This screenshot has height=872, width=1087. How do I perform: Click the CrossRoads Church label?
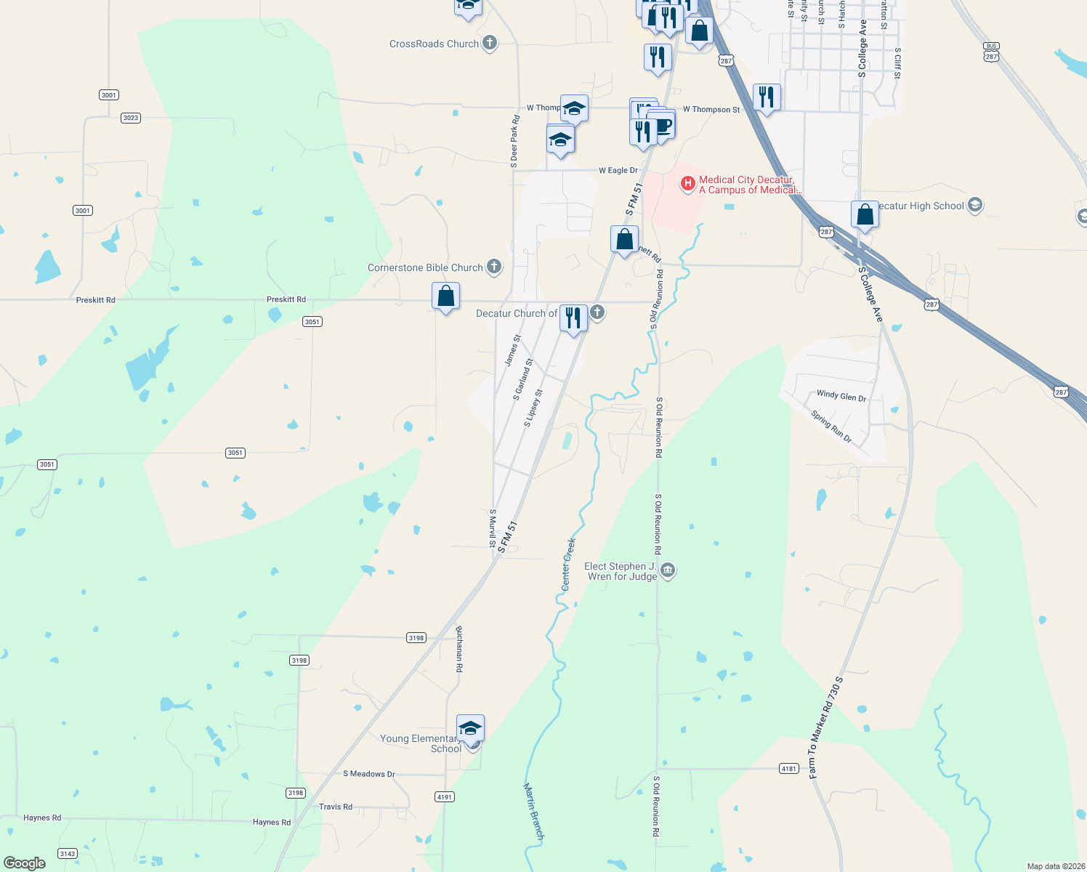434,44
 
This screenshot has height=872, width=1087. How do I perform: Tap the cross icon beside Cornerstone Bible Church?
494,267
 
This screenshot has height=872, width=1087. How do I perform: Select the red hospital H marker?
687,183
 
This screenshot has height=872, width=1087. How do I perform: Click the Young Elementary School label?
419,743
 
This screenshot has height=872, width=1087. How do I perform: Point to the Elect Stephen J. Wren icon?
668,570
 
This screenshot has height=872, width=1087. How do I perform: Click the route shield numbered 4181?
788,768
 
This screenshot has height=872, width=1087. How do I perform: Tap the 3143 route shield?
68,854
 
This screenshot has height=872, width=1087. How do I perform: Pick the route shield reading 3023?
130,118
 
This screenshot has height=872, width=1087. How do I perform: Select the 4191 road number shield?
445,797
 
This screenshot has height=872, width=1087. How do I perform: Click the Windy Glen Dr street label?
841,396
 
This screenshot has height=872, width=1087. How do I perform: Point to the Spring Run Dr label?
831,427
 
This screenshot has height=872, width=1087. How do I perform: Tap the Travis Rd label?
336,807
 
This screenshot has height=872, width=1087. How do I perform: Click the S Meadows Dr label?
369,774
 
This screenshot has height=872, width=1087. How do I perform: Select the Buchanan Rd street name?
459,648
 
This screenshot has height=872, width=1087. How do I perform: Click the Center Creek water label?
568,564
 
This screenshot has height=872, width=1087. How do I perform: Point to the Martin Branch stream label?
534,811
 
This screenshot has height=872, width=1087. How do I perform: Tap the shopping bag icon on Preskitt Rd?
445,296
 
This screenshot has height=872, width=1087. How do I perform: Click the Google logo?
25,863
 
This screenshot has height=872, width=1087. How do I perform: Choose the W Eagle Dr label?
618,171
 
